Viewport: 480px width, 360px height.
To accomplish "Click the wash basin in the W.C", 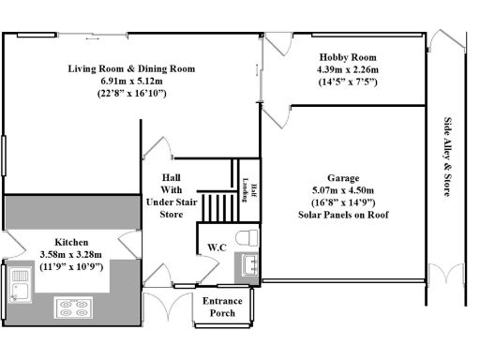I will (249, 265).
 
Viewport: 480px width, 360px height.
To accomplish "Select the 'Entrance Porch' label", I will (224, 307).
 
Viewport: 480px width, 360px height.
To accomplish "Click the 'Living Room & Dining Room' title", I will (131, 68).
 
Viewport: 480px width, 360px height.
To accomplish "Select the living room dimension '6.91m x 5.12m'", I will (131, 82).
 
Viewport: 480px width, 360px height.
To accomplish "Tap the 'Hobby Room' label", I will (347, 56).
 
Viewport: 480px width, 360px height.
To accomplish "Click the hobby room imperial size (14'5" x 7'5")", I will (347, 82).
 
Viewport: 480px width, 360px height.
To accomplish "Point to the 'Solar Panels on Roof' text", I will (343, 215).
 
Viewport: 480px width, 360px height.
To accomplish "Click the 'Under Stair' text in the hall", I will (170, 201).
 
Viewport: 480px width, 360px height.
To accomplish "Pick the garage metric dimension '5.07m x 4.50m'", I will (343, 189).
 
